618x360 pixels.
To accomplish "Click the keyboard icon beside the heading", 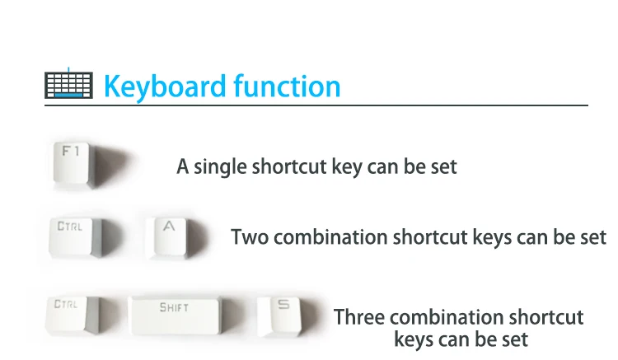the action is pos(68,84).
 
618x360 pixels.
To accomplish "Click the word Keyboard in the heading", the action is pos(166,86).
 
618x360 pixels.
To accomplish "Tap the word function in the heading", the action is pos(287,86).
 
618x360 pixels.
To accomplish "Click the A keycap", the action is pos(170,238).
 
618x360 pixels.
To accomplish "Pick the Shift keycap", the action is pos(176,316).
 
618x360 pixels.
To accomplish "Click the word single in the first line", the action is pos(220,167).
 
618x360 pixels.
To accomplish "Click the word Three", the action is pos(359,317).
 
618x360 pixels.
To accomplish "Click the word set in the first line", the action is pos(443,167).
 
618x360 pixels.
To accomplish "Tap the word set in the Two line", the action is pos(593,237).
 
